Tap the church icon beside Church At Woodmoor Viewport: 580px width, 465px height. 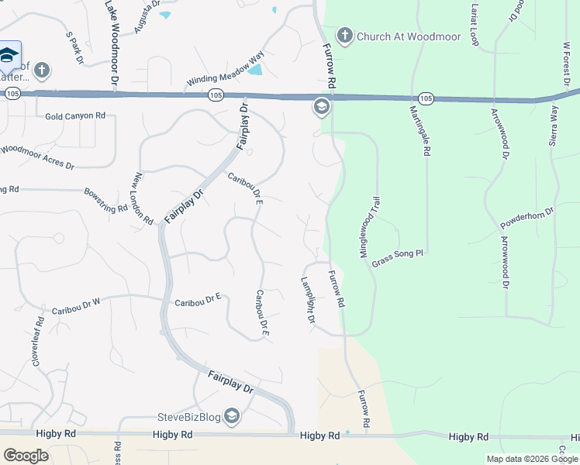(344, 36)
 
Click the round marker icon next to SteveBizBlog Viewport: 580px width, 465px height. (232, 417)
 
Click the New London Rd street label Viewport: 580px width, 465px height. (144, 198)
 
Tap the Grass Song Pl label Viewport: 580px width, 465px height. (400, 258)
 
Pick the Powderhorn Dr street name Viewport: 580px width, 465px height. (528, 219)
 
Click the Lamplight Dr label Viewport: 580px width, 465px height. (307, 301)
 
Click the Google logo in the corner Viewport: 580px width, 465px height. (26, 456)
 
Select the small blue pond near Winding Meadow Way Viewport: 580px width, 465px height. (254, 71)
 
